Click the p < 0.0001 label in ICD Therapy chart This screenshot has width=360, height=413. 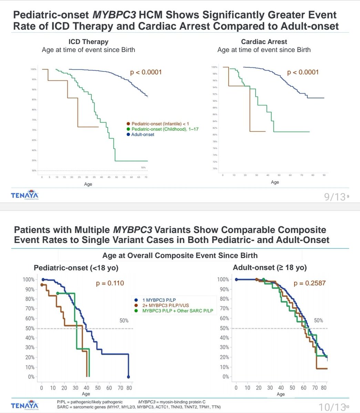(x=146, y=72)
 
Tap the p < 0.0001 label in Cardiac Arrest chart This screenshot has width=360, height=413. (x=303, y=72)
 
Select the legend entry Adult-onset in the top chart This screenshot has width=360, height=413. (x=142, y=134)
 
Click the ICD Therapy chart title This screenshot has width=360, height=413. (x=88, y=42)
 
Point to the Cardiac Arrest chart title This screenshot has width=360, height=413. (x=264, y=42)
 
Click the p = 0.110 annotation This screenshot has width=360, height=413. (x=110, y=283)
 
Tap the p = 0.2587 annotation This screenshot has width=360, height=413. (x=309, y=283)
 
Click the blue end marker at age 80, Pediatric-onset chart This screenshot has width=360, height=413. (x=128, y=377)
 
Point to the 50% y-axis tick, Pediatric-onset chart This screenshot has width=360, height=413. (x=29, y=328)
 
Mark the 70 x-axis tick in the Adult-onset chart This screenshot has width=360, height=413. (x=314, y=388)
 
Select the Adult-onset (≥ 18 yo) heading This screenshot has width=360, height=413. (x=270, y=267)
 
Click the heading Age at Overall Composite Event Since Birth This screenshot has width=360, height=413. (x=180, y=255)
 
